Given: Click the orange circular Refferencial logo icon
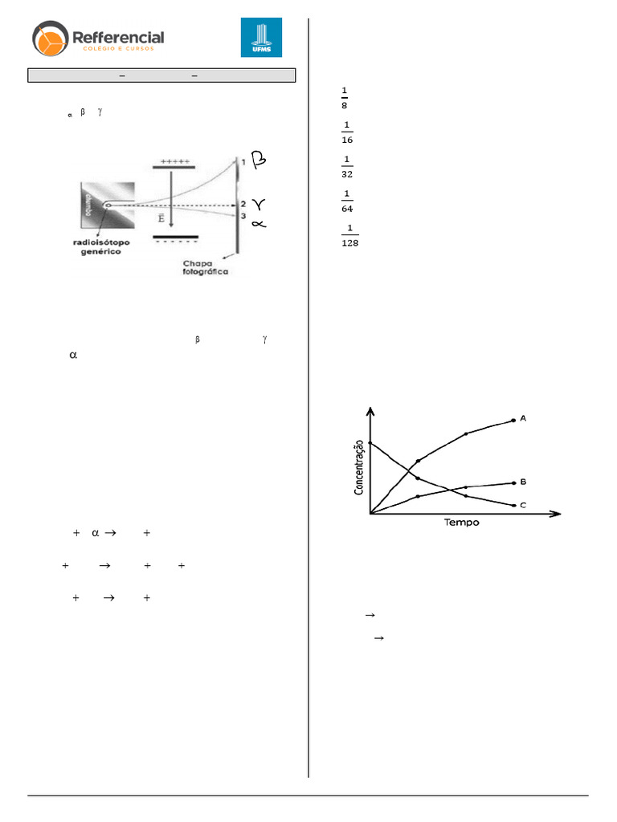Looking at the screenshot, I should click(x=51, y=41).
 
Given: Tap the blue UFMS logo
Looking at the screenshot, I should click(x=261, y=38).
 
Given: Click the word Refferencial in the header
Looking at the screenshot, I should click(x=118, y=37).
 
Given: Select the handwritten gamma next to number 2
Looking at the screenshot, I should click(x=259, y=204).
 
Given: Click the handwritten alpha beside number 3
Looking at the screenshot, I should click(x=258, y=224).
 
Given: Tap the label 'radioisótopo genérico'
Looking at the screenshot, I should click(x=95, y=246).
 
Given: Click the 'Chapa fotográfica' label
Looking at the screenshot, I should click(x=206, y=267).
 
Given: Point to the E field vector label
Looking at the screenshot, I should click(x=161, y=218).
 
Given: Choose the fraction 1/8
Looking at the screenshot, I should click(x=345, y=97).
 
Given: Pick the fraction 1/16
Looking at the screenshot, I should click(x=347, y=132).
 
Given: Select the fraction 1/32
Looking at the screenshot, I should click(x=347, y=166).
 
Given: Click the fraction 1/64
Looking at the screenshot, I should click(x=347, y=201).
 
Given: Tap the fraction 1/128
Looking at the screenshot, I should click(x=349, y=235).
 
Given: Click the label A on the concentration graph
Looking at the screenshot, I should click(x=523, y=418).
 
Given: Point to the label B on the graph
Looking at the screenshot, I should click(x=523, y=482).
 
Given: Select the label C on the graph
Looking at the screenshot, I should click(x=523, y=505).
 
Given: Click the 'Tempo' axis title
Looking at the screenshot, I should click(x=462, y=523).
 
